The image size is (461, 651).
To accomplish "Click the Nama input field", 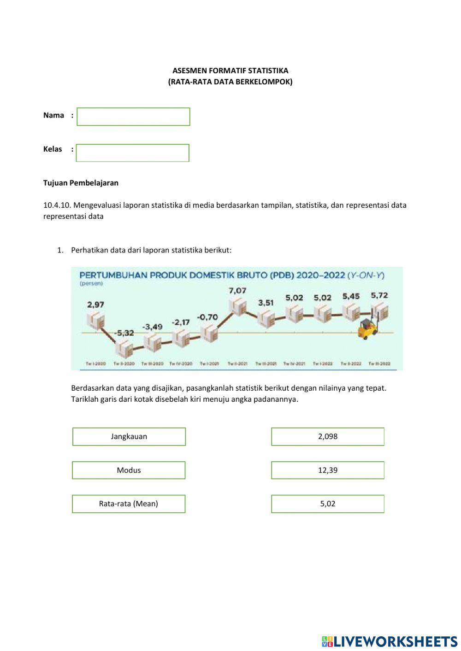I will click(x=133, y=117).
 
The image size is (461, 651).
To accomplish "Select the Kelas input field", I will click(x=132, y=153).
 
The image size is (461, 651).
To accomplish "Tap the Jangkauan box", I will click(x=129, y=437).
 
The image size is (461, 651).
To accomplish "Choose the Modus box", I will click(x=129, y=470).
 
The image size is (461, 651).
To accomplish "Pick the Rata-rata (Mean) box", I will click(x=129, y=504).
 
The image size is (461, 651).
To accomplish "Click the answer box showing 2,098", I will click(x=327, y=437).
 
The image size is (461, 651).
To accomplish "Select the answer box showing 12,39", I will click(x=327, y=470).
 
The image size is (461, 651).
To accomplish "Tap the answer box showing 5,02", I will click(x=327, y=504).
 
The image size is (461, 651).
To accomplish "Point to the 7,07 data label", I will click(x=237, y=291).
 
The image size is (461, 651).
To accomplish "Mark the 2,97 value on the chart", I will click(x=95, y=305).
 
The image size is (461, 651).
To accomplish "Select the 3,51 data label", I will click(x=266, y=303).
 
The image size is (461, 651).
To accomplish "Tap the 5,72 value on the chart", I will click(x=379, y=295).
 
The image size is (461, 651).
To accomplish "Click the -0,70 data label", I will click(x=207, y=317).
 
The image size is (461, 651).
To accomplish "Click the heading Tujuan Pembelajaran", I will click(x=81, y=183).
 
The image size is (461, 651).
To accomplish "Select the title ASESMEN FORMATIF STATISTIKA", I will click(x=230, y=70).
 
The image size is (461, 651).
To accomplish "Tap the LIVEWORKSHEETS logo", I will click(x=390, y=641).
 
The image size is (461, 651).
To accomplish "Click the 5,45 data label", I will click(x=351, y=296).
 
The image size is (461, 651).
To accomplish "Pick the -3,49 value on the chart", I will click(x=152, y=327).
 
